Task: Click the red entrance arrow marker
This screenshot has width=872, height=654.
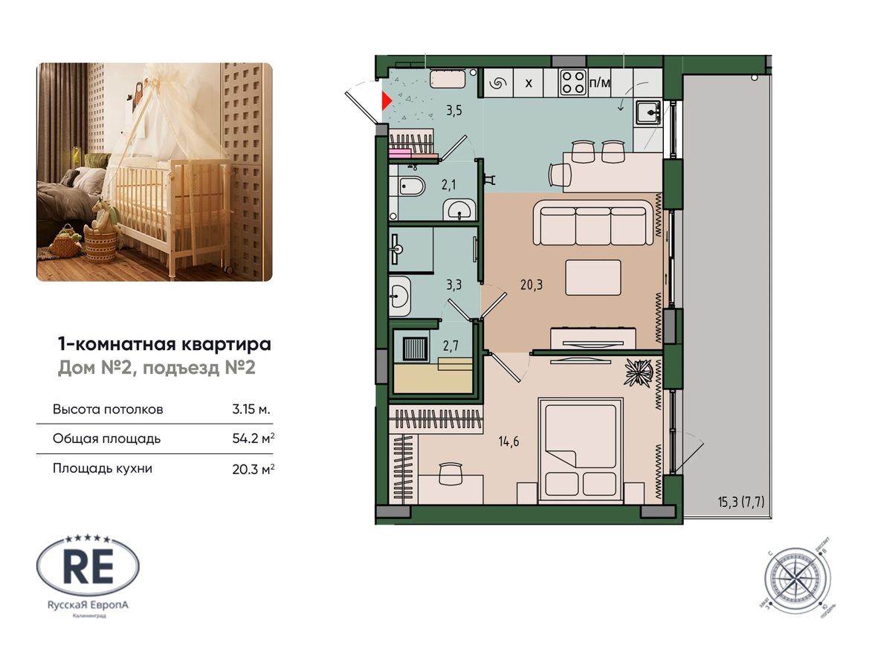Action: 386,101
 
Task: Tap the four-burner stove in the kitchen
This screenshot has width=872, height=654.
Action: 572,82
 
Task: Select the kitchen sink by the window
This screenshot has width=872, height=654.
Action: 649,112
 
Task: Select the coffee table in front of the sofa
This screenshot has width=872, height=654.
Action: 593,278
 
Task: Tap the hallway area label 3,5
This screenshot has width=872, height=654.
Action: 453,112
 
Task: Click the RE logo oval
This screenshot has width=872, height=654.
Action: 88,567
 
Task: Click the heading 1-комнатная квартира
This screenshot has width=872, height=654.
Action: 164,344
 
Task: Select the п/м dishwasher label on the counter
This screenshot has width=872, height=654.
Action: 599,82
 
